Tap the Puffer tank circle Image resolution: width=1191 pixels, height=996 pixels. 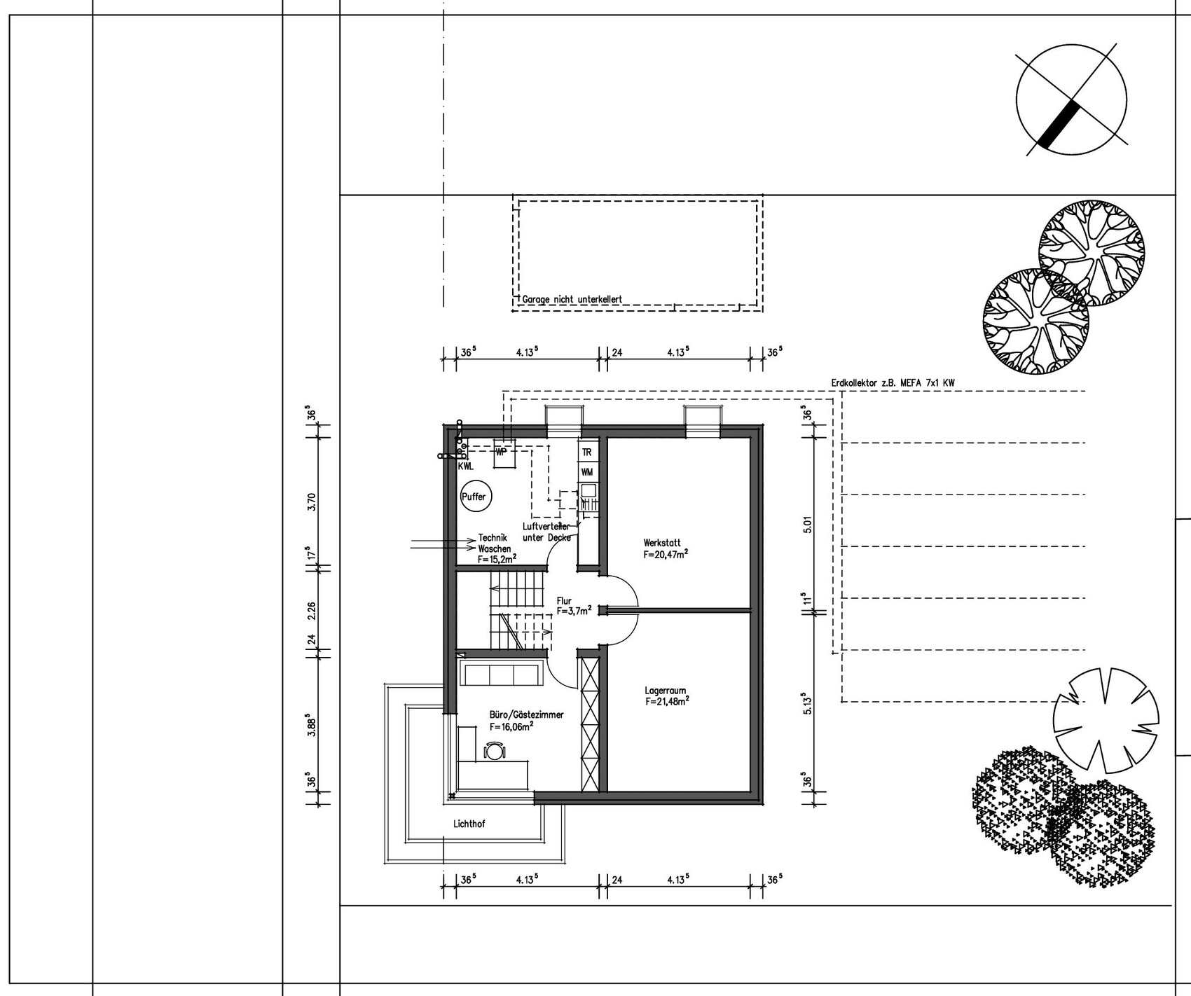pyautogui.click(x=474, y=497)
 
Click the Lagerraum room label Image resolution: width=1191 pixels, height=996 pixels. pyautogui.click(x=667, y=695)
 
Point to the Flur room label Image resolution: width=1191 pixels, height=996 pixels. pyautogui.click(x=574, y=606)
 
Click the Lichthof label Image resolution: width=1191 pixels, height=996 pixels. pyautogui.click(x=469, y=824)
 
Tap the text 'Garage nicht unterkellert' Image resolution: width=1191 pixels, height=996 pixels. pyautogui.click(x=572, y=299)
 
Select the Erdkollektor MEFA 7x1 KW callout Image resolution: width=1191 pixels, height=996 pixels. pyautogui.click(x=893, y=383)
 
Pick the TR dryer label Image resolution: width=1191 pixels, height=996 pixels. pyautogui.click(x=586, y=452)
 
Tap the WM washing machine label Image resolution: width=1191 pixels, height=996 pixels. pyautogui.click(x=587, y=473)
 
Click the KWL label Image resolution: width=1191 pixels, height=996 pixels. pyautogui.click(x=466, y=466)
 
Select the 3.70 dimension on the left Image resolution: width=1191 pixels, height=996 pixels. pyautogui.click(x=312, y=502)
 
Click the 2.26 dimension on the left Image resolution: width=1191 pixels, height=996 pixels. pyautogui.click(x=312, y=610)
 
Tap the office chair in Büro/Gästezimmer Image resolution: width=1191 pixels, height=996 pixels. pyautogui.click(x=495, y=751)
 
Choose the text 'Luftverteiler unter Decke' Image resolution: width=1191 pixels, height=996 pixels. pyautogui.click(x=547, y=532)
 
